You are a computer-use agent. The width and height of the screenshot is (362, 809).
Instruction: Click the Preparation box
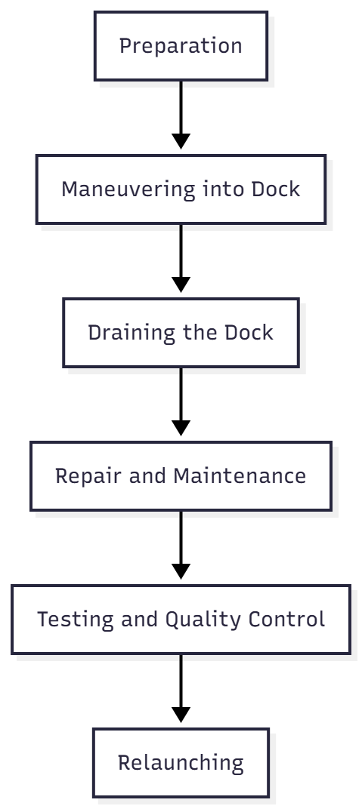point(181,46)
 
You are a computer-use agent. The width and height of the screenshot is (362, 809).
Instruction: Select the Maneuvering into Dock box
point(181,189)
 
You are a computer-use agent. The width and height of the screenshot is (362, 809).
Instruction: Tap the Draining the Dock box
point(181,333)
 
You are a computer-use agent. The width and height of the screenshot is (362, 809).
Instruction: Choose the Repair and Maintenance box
point(181,476)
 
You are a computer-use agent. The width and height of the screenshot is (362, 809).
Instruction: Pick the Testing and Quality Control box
point(181,620)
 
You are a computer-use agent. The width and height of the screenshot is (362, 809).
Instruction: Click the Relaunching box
point(181,763)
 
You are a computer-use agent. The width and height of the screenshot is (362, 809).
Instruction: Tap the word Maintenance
point(240,476)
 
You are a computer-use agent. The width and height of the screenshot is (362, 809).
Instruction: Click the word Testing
point(76,620)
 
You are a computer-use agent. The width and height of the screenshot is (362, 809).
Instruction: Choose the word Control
point(287,620)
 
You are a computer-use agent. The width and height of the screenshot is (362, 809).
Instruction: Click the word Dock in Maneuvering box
point(276,189)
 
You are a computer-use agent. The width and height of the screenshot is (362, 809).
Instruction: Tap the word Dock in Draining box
point(249,333)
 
